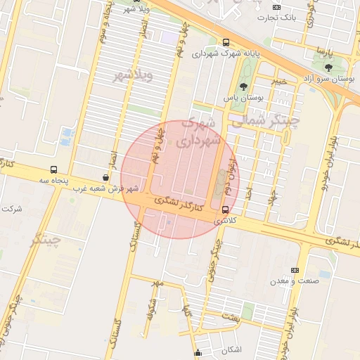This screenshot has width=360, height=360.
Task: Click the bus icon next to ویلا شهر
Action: coord(162,1)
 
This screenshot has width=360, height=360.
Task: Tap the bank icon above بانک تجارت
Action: coord(276,7)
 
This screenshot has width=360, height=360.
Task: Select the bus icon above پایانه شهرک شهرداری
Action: coord(226,42)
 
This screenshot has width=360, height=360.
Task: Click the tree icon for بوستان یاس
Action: coord(243,87)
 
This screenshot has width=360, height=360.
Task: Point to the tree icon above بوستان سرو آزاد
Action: coord(328,67)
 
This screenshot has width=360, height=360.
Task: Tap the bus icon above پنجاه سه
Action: coord(54,169)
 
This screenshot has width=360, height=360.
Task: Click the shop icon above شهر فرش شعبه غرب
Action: coord(105,178)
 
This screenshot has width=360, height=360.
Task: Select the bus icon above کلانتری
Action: coord(225,210)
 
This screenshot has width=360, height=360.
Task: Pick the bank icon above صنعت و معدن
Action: coord(294,270)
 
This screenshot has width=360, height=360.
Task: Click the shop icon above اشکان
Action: coord(198,352)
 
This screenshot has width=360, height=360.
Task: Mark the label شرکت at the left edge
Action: coord(12,209)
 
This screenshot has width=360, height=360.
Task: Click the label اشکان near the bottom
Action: coord(231,350)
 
